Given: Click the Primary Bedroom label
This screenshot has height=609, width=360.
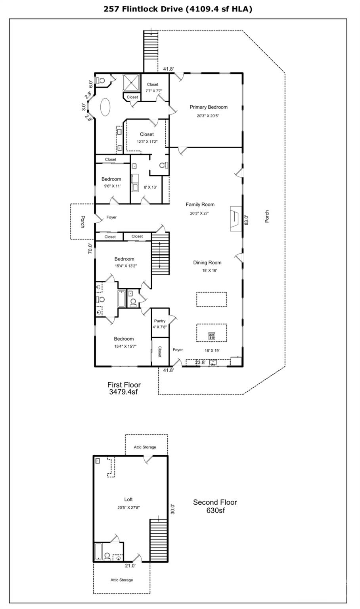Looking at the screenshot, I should click(x=209, y=107).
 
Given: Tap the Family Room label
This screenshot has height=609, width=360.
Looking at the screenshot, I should click(x=200, y=205).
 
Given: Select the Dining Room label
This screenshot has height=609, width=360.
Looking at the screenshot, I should click(x=207, y=262).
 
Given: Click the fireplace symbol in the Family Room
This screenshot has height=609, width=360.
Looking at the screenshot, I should click(x=234, y=217).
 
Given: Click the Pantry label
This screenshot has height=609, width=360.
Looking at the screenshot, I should click(x=160, y=321).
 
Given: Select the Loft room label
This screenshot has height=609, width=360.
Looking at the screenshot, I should click(x=128, y=500).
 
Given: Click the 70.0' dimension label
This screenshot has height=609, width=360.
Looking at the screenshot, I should click(x=90, y=249).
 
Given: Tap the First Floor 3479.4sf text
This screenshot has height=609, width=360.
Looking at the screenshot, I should click(x=124, y=388).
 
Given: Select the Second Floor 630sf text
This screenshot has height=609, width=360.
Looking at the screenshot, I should click(x=215, y=506).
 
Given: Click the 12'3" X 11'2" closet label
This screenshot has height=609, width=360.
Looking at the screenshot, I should click(x=146, y=141).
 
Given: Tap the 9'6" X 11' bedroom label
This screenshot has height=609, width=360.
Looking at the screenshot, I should click(x=111, y=186).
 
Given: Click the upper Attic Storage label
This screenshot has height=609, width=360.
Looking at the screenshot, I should click(x=145, y=447).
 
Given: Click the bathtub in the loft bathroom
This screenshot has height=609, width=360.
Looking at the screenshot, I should click(x=98, y=552).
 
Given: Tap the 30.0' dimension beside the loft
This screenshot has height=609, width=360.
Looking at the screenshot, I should click(x=172, y=509).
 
